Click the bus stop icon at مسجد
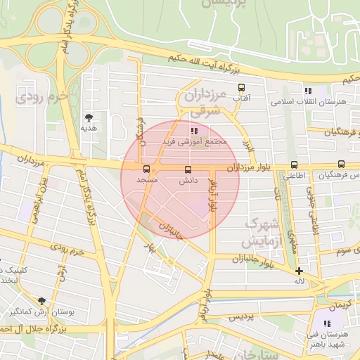(x=146, y=169)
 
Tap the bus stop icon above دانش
(x=187, y=169)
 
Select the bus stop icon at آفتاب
(x=242, y=89)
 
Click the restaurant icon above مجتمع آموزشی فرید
(x=194, y=130)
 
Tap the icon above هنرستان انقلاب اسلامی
(x=307, y=91)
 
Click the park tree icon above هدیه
(x=89, y=117)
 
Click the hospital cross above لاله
(x=300, y=271)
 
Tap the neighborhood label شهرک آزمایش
(x=261, y=232)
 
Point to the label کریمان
(x=337, y=304)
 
